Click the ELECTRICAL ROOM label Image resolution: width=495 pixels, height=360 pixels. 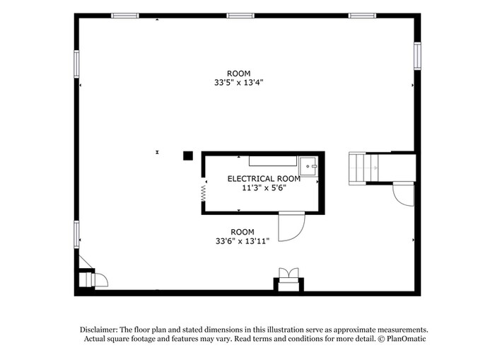point(264,179)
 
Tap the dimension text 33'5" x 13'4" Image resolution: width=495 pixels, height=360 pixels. point(239,83)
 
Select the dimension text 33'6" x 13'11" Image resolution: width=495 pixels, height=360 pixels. point(243,241)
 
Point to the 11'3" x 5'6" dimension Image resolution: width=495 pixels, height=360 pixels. point(264,188)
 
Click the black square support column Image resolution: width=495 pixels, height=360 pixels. point(188,156)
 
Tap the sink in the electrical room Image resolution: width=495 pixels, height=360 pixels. point(308,166)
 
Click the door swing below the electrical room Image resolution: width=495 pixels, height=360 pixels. point(291,227)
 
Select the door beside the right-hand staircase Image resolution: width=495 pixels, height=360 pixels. point(404,194)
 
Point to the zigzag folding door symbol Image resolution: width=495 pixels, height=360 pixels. point(204,193)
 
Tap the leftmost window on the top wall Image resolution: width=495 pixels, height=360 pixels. point(124,16)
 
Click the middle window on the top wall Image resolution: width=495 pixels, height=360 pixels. point(240,16)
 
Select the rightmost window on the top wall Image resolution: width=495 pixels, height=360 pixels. point(362,16)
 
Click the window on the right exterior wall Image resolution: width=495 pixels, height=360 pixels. point(417,56)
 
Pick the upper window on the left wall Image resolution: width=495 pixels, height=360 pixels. point(76,64)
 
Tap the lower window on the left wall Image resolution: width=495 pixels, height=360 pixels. point(76,234)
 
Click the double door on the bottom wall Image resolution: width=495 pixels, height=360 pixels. point(289,275)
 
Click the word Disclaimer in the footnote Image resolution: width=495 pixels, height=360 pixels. point(98,330)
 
